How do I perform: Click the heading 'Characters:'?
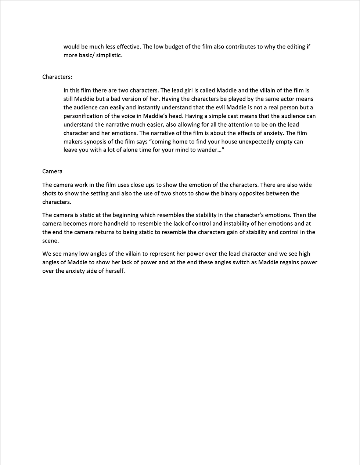click(57, 77)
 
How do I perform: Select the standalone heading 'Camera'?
click(52, 171)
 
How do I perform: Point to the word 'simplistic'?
click(108, 55)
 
